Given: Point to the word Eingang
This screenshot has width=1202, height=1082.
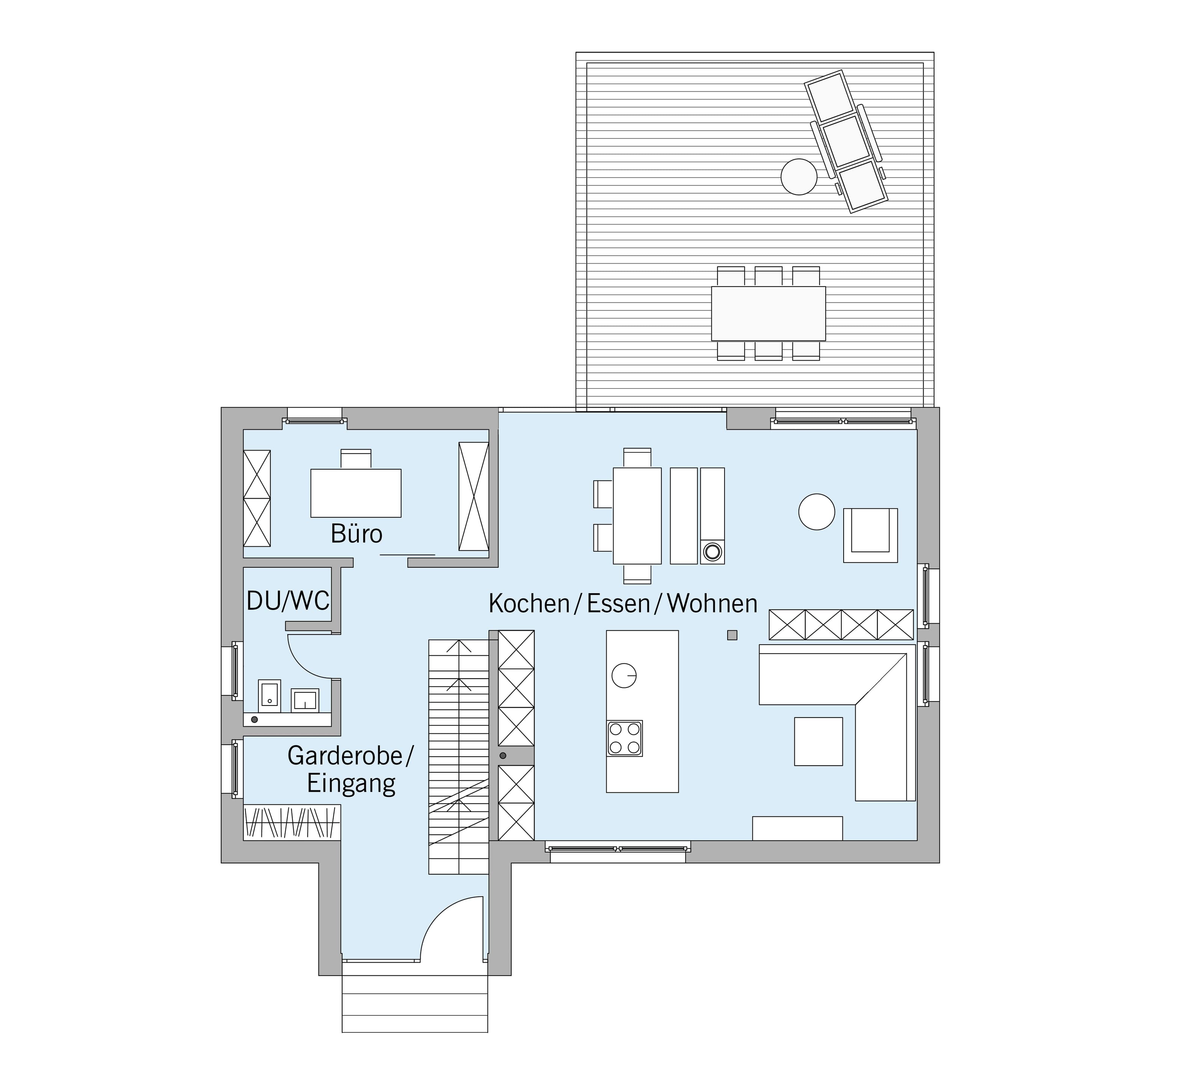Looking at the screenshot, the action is pos(351,784).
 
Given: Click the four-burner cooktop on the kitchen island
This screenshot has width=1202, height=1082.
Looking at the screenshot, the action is pos(624,738).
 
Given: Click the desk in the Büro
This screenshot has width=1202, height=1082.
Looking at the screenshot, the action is pos(355,493).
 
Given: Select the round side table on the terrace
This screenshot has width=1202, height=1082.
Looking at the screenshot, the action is pos(798,177).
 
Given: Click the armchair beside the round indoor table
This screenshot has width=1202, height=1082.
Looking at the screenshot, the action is pos(870,535).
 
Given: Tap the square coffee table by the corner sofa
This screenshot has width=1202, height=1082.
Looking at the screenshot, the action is pos(818,741).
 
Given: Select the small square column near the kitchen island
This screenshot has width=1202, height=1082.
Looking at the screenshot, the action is pos(732,635).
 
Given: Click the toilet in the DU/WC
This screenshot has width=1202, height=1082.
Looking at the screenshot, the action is pos(269,695).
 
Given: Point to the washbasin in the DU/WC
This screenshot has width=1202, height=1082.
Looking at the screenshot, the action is pos(304,700).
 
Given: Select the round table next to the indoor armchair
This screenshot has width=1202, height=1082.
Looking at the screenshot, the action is pos(817,511).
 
